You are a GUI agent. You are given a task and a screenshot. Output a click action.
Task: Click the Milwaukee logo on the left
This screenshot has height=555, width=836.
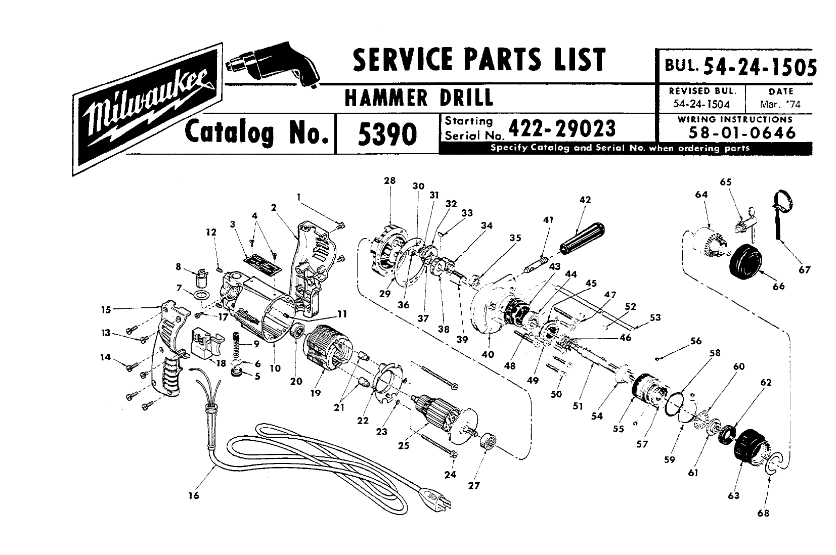[x=147, y=109]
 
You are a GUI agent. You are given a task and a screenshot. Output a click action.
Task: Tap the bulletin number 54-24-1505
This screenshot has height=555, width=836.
[x=760, y=68]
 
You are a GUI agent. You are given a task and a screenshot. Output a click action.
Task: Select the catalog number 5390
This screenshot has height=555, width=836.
[x=387, y=134]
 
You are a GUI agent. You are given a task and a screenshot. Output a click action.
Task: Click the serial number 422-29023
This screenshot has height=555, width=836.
[x=562, y=129]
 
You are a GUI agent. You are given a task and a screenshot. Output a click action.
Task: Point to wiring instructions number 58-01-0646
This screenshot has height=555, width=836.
[x=742, y=133]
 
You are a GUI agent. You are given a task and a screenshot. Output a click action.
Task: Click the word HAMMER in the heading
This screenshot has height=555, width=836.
[x=386, y=98]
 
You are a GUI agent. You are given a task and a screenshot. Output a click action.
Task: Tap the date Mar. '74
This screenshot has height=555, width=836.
[x=780, y=104]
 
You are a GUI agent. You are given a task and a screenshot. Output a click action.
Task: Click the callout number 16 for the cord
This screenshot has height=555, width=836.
[x=194, y=496]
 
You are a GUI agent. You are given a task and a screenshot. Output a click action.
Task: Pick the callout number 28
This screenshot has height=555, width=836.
[x=389, y=181]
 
